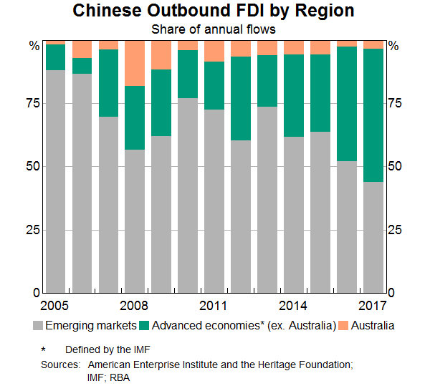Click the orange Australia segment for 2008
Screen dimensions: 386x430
135,63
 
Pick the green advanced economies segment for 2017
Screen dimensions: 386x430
373,115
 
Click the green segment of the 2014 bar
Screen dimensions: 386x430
294,95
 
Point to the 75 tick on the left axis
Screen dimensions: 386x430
32,103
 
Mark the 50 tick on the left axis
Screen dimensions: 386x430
32,166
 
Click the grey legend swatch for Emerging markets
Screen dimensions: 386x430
39,326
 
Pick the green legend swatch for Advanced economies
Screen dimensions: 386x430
144,326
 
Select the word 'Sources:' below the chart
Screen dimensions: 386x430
60,365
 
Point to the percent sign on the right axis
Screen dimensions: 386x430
393,46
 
